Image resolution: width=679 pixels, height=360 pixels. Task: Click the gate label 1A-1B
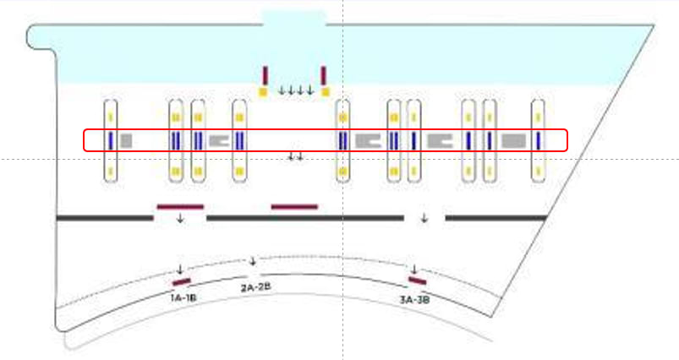tap(183, 297)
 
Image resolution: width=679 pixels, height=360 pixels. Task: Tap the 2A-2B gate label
tap(255, 287)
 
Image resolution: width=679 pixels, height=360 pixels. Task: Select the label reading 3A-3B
tap(415, 298)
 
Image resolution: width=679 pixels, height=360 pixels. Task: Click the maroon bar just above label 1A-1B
tap(182, 281)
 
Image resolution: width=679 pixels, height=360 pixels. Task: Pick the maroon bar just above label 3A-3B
tap(416, 281)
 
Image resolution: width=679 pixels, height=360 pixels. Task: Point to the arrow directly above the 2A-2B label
tap(251, 260)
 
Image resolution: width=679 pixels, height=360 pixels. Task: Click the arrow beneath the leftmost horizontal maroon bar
tap(180, 218)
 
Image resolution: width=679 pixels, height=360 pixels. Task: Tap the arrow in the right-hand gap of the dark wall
tap(424, 217)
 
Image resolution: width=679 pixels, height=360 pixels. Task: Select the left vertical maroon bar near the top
tap(265, 75)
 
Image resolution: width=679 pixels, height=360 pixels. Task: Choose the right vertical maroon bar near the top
tap(323, 75)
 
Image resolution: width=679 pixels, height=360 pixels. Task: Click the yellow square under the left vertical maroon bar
tap(264, 91)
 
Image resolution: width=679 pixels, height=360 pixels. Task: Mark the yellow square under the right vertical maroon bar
tap(324, 91)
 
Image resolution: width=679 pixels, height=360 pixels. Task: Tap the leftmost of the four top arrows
tap(282, 90)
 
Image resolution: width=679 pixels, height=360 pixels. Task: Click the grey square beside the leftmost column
tap(126, 140)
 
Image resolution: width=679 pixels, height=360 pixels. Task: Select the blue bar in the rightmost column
tap(538, 140)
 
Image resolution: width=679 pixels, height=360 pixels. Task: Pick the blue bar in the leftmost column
tap(111, 140)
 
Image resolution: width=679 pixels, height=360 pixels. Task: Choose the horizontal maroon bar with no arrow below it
tap(293, 205)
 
